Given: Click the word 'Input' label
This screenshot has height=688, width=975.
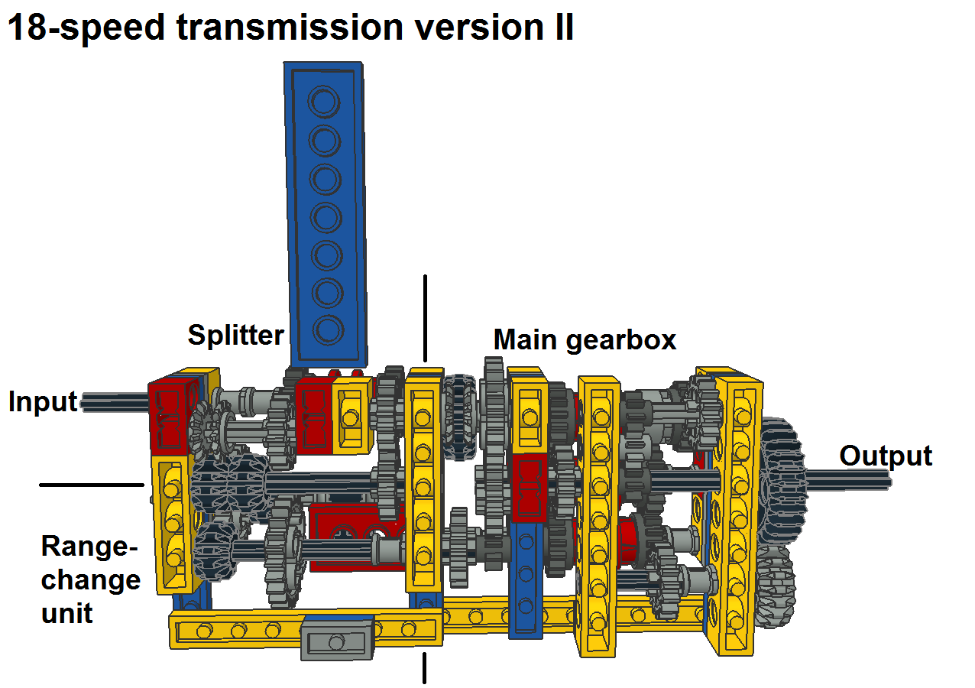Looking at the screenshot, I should [43, 402].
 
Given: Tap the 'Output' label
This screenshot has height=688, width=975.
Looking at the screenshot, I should [886, 456].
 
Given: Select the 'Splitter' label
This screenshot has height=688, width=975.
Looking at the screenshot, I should [235, 335].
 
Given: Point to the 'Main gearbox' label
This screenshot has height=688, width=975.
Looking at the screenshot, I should [585, 339].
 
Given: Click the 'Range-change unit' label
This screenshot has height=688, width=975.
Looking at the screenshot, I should [90, 579].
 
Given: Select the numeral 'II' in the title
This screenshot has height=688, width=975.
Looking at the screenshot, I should [562, 28].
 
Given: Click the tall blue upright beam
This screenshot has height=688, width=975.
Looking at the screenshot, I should [325, 214].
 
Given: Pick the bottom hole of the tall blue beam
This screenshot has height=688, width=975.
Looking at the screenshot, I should [327, 330].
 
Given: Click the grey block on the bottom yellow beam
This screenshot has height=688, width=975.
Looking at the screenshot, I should [335, 639].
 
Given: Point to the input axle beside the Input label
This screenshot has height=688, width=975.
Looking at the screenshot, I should [115, 402].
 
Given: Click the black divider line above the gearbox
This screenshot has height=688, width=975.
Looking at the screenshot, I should [425, 317].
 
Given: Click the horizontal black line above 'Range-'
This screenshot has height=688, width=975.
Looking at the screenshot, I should [91, 485].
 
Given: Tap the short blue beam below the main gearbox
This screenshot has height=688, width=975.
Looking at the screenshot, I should [526, 581].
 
